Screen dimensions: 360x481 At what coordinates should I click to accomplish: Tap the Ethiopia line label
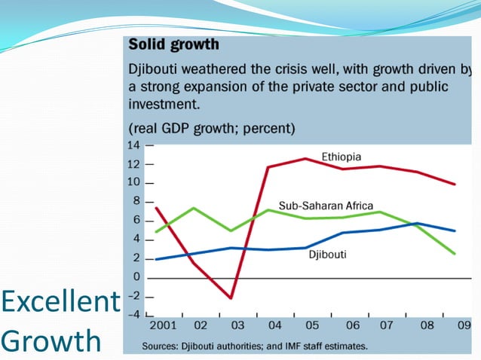[342, 157]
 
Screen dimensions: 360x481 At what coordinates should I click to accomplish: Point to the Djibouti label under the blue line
[329, 255]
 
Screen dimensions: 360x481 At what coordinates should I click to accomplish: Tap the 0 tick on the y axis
[137, 277]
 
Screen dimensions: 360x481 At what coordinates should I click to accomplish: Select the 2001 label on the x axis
[163, 325]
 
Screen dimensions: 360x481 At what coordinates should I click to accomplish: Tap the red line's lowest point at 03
[232, 298]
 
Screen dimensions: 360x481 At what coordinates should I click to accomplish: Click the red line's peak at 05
[305, 158]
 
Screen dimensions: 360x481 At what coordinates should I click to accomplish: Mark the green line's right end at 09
[455, 254]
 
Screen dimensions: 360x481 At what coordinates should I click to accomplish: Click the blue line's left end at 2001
[155, 259]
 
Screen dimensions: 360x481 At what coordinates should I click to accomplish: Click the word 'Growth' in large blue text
[51, 340]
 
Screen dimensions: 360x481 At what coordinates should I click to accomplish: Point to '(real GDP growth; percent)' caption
[212, 127]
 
